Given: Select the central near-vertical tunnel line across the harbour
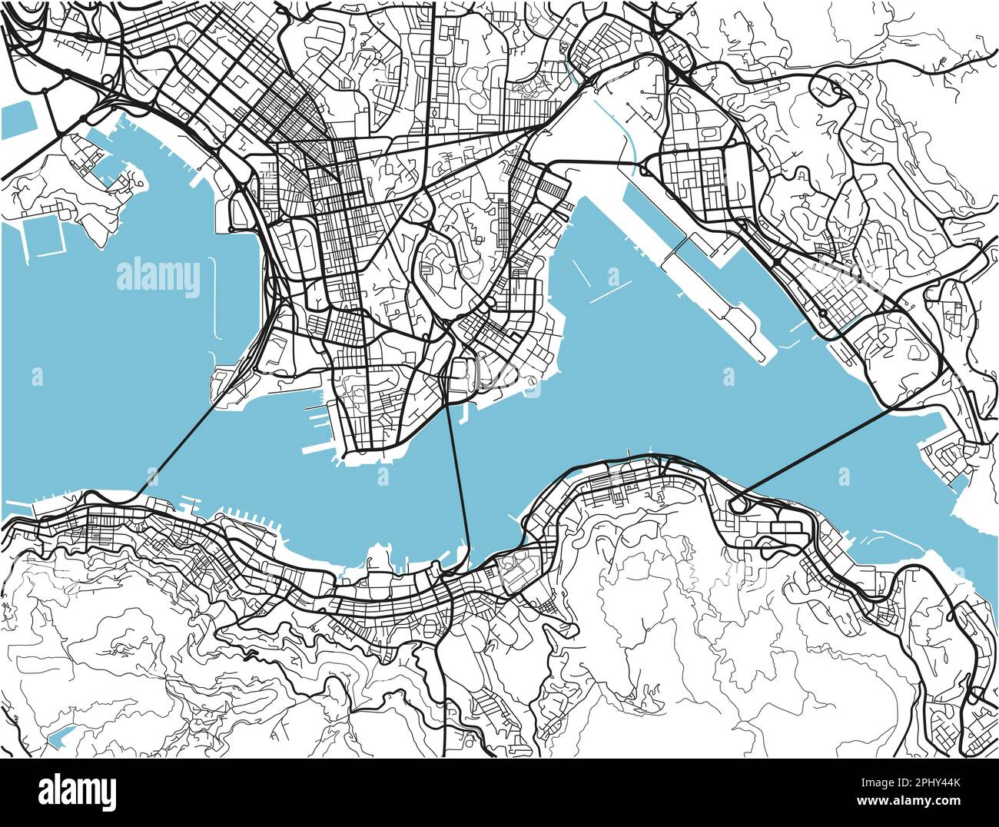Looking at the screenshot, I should pos(459,477).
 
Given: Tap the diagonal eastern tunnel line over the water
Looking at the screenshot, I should pos(815,453).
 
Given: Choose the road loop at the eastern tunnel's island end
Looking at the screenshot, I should pos(738,505).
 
